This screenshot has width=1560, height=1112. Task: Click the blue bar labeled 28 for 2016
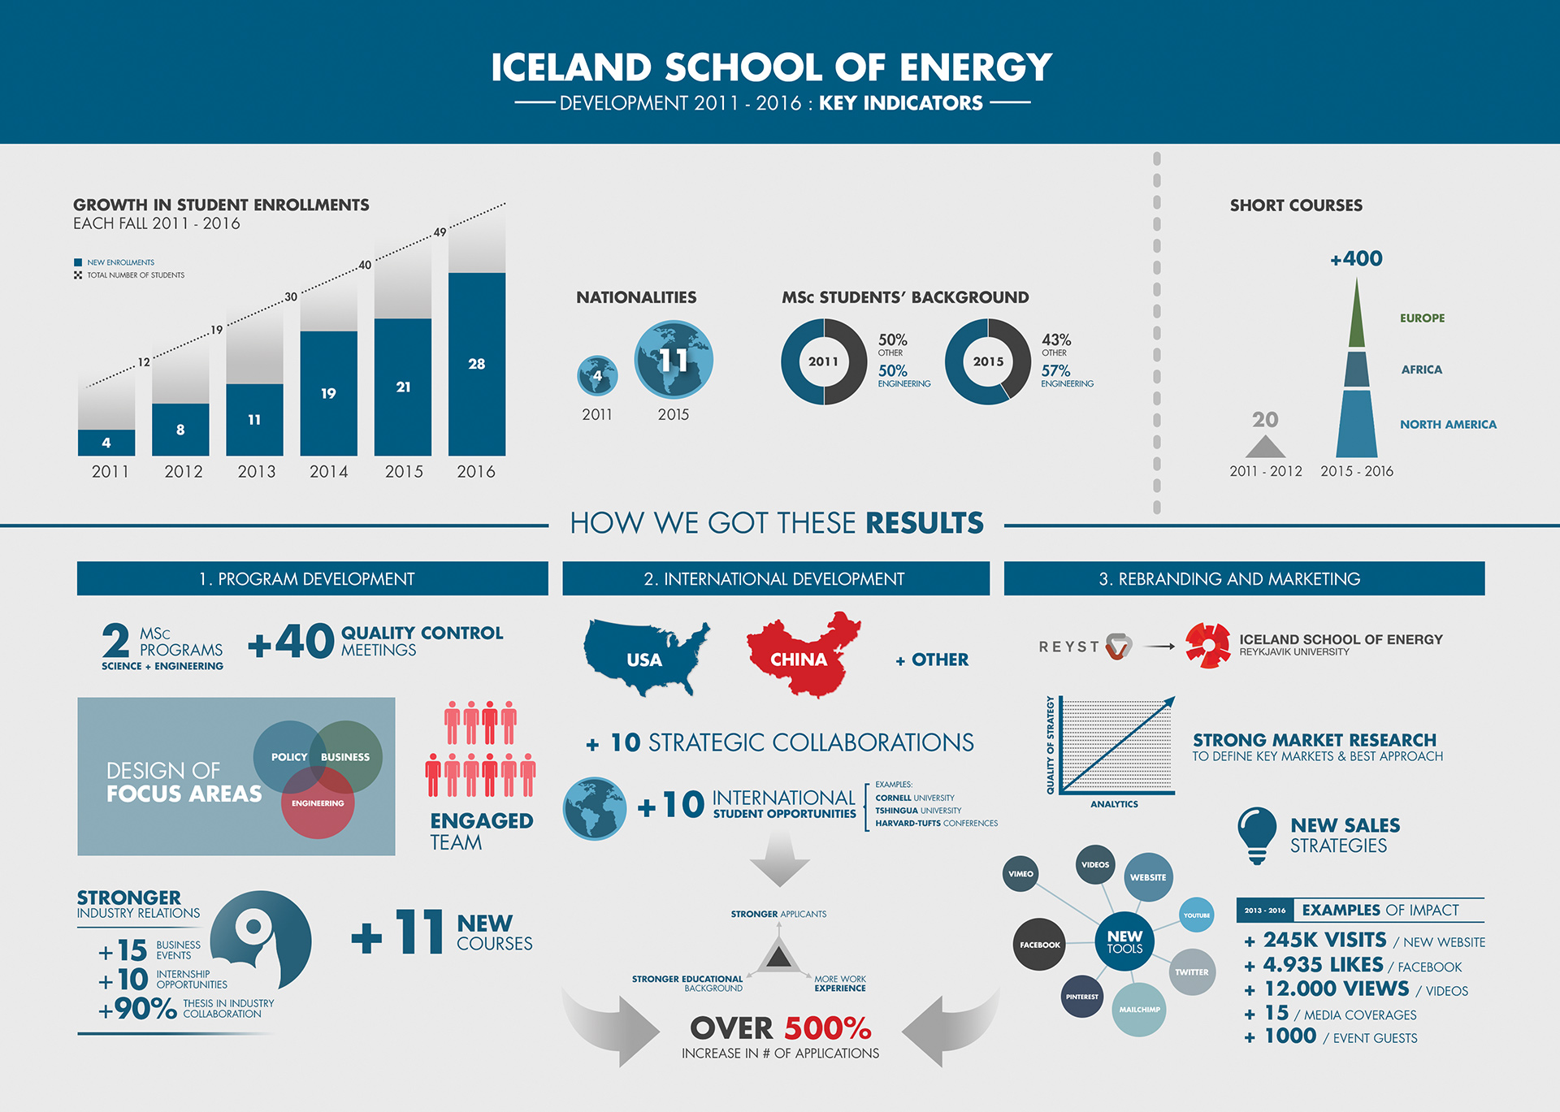pos(477,364)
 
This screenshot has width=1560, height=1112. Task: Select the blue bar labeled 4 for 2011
pos(106,443)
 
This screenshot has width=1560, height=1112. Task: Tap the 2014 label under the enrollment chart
pos(329,471)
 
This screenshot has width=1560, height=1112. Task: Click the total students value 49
pos(440,232)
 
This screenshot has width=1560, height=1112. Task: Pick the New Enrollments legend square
pos(78,262)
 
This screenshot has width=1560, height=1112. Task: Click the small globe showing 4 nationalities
pos(597,375)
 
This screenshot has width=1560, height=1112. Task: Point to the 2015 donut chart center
pos(988,361)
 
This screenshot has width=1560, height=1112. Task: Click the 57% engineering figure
pos(1055,370)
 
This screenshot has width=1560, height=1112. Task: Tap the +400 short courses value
pos(1356,258)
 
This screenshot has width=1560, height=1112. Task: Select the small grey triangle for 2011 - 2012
pos(1265,447)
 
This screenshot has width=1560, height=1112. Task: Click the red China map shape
pos(802,655)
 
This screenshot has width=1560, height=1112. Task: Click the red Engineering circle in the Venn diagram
pos(318,803)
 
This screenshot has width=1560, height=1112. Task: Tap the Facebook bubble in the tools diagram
pos(1040,945)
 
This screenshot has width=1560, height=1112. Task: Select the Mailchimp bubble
pos(1139,1010)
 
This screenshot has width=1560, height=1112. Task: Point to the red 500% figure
pos(827,1028)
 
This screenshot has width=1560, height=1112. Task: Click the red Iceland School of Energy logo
pos(1207,646)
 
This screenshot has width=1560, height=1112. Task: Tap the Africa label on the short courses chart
pos(1422,370)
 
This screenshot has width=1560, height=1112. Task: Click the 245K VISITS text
pos(1324,940)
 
